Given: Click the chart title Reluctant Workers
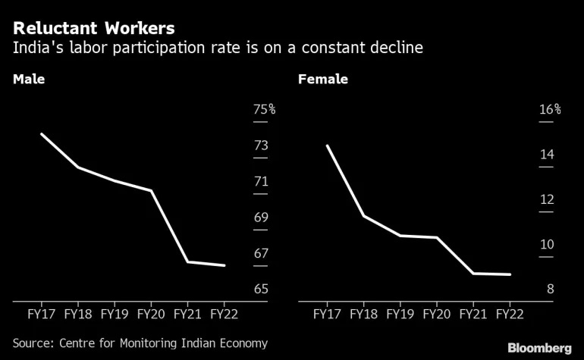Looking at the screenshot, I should click(93, 29).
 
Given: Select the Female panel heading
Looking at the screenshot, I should click(322, 79).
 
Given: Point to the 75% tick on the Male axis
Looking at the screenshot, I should click(264, 110).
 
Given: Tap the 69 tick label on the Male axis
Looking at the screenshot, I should click(261, 218).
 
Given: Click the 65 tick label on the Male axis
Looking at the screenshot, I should click(261, 290).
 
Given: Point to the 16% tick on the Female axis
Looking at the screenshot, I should click(549, 110).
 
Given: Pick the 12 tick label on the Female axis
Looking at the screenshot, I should click(546, 200).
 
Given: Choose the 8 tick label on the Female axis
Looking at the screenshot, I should click(550, 290).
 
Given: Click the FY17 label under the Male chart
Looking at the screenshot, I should click(41, 313).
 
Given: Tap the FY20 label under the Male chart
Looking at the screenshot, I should click(151, 313).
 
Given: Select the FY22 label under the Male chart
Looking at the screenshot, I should click(224, 313).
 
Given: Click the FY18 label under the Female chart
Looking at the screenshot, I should click(363, 313).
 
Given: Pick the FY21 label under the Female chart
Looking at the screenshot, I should click(473, 313).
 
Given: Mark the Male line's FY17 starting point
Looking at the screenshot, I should click(41, 134).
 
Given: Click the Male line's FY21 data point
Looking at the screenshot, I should click(187, 261).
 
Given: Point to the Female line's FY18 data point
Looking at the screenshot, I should click(363, 216).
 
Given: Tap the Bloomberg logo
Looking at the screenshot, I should click(539, 346).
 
